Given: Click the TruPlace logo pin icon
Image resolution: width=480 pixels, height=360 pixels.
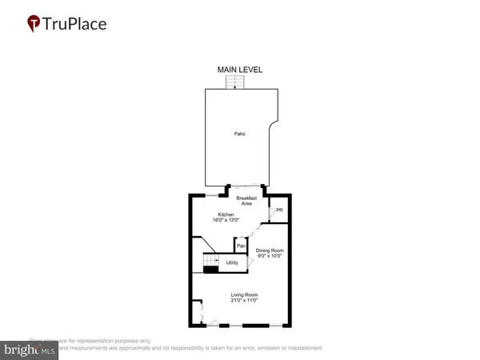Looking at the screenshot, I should [34, 23].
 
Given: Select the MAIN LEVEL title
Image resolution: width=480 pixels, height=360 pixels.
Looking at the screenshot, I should [240, 70].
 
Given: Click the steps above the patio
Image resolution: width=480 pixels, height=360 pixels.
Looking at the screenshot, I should [237, 83].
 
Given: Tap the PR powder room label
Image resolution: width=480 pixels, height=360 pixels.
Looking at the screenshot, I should [278, 211].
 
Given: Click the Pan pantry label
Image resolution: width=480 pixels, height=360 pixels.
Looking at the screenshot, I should [241, 246].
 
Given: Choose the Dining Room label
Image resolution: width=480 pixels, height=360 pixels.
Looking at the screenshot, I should [270, 250].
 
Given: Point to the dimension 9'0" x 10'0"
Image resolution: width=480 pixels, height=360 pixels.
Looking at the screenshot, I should [270, 257].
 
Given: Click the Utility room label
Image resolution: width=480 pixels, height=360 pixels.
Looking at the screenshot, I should [234, 262].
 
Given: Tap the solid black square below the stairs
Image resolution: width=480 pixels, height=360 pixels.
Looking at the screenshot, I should [210, 270].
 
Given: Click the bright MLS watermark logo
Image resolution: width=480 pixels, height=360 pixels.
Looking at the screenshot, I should [30, 349].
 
